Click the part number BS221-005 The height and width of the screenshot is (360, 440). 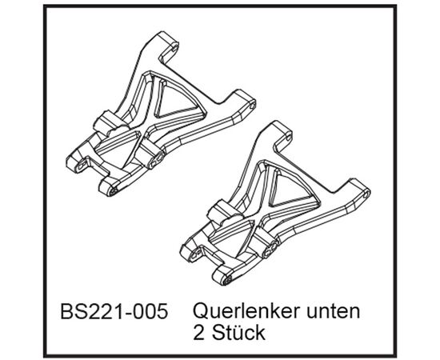click(x=114, y=311)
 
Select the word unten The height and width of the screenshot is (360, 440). click(x=334, y=311)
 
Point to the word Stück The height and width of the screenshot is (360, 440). click(x=238, y=333)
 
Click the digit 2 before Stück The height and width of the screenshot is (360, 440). click(x=198, y=333)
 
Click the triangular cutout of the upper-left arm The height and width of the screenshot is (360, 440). click(x=177, y=101)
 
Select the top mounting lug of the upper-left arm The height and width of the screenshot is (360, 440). click(x=169, y=44)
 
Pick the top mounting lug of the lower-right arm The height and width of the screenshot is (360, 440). click(x=282, y=134)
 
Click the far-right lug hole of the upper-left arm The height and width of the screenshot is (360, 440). click(x=252, y=106)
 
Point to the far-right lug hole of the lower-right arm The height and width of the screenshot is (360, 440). click(x=366, y=194)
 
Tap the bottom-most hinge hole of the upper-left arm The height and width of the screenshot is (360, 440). click(x=114, y=191)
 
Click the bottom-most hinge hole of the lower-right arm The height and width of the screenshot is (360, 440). click(x=227, y=280)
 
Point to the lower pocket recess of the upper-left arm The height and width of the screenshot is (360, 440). click(x=117, y=148)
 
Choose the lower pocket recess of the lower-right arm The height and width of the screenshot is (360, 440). click(x=231, y=237)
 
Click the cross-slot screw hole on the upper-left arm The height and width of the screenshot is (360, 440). click(x=157, y=159)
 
